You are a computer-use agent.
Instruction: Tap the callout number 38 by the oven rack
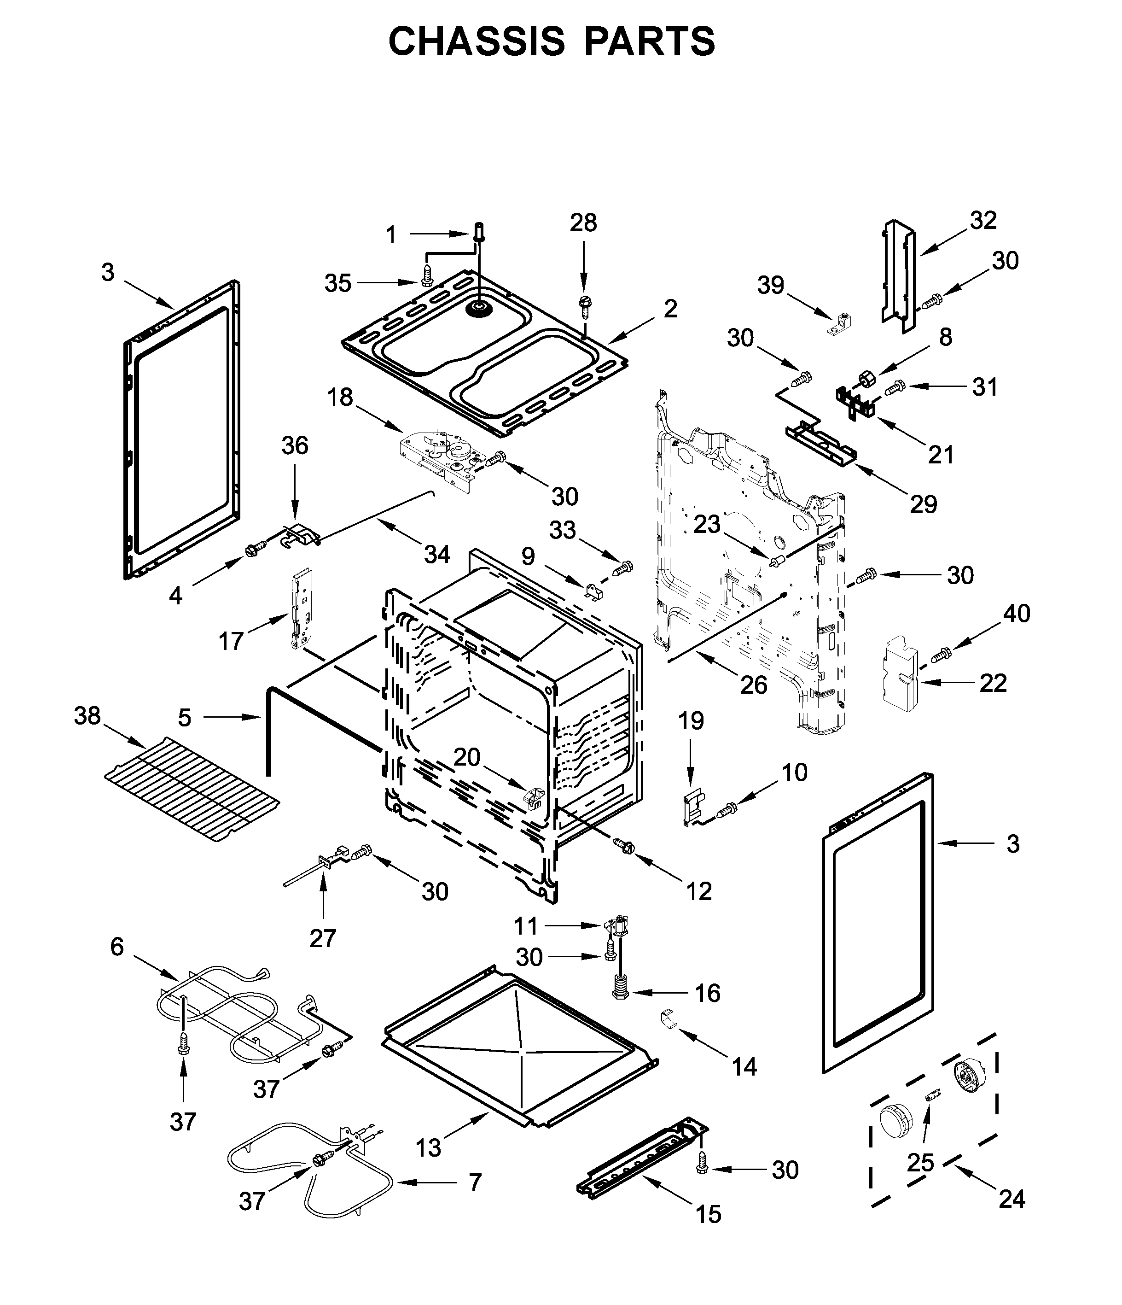[x=87, y=716]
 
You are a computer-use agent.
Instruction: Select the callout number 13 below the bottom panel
[x=428, y=1148]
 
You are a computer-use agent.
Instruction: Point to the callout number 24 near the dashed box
[x=1012, y=1199]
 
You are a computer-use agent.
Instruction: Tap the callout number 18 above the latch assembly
[x=340, y=398]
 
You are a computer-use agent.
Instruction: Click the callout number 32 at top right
[x=983, y=221]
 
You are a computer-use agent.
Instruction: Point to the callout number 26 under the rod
[x=754, y=685]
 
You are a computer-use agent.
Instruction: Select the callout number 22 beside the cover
[x=993, y=683]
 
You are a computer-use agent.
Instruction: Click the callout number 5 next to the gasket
[x=185, y=717]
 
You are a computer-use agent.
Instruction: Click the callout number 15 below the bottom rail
[x=708, y=1231]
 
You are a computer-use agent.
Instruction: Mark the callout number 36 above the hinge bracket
[x=295, y=446]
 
